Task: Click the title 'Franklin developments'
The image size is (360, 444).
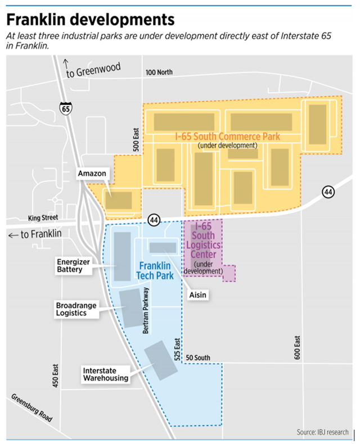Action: (x=90, y=20)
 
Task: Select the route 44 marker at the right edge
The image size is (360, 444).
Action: (x=328, y=192)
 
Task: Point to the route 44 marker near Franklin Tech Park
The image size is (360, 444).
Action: (x=152, y=219)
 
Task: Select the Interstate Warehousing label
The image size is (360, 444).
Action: (x=105, y=374)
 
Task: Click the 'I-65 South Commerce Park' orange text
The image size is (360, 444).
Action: (x=227, y=137)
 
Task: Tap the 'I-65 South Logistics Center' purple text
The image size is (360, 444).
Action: (x=206, y=241)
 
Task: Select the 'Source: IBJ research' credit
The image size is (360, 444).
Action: (x=322, y=432)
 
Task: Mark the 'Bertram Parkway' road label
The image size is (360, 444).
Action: (x=145, y=311)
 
